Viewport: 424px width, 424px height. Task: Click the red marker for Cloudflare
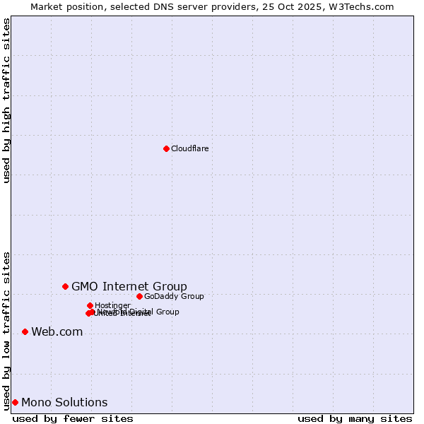coord(166,148)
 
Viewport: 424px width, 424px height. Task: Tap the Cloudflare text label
coord(189,148)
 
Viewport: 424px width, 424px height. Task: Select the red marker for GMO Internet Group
coord(65,286)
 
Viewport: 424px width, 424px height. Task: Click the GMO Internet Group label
coord(129,286)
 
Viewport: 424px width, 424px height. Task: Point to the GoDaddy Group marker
coord(139,296)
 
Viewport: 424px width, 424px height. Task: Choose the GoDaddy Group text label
coord(174,296)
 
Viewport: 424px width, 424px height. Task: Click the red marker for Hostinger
coord(90,305)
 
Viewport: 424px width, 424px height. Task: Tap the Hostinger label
coord(112,305)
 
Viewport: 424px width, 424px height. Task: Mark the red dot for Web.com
coord(25,331)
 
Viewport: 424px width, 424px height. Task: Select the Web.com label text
coord(57,332)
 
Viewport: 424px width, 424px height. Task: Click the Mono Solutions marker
coord(15,402)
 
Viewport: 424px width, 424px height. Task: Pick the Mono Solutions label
coord(64,403)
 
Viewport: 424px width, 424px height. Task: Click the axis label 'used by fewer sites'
coord(73,418)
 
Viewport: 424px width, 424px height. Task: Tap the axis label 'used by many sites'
coord(355,418)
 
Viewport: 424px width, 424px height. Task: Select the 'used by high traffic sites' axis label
coord(6,100)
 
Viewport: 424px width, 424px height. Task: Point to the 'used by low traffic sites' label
coord(6,330)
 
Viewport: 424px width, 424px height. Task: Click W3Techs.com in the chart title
coord(365,6)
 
